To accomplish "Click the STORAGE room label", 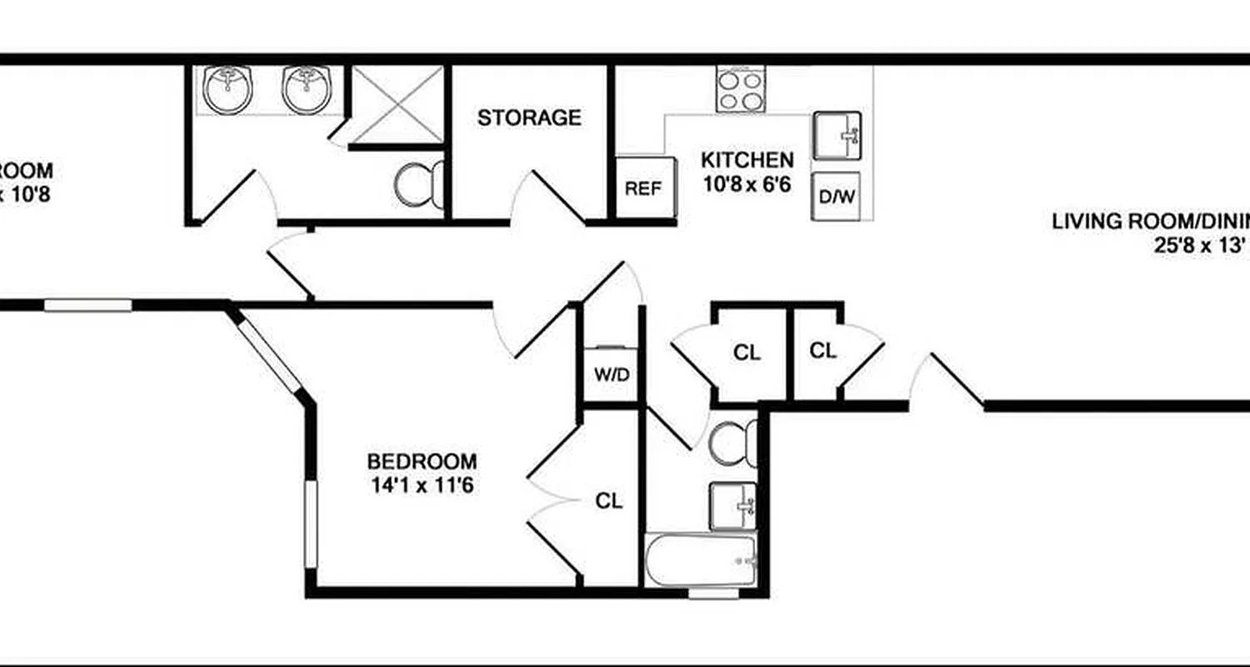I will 529,118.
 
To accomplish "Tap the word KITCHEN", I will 747,159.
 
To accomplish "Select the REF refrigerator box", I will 642,188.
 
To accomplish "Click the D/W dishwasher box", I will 837,197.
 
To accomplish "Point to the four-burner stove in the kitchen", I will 740,89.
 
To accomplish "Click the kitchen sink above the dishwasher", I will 837,136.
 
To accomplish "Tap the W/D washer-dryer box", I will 611,374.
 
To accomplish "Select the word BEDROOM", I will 422,461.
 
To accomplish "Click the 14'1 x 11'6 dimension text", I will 422,484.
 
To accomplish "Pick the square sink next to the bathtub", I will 733,505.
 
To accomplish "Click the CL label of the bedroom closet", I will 609,501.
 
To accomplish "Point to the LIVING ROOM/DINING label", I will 1150,222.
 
